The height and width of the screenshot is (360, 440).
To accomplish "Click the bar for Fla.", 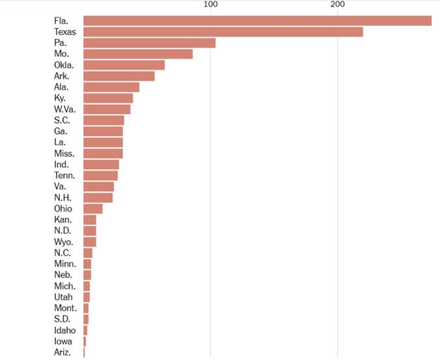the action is point(257,21).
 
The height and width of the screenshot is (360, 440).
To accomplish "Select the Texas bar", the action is point(223,32).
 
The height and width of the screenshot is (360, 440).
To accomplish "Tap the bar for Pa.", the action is point(149,43).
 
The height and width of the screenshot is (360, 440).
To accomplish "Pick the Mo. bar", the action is point(138,54).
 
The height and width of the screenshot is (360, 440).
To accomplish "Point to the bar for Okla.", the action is point(124,65).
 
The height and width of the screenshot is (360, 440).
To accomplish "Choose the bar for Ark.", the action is point(119,76).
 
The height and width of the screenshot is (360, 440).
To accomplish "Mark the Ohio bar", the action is point(93,209).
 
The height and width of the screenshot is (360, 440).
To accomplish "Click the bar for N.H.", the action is point(98,198).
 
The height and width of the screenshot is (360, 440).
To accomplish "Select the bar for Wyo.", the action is point(90,242).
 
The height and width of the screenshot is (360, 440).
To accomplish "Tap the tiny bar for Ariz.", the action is point(84,352).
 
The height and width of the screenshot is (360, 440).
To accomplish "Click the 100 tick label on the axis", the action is point(211,4).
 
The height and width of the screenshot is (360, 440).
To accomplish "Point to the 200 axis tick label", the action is point(338,4).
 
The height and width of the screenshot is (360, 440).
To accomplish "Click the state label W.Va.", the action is point(65,109).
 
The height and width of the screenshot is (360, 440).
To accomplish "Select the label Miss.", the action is point(64,154).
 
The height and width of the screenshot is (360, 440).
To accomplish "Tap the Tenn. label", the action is point(65,176).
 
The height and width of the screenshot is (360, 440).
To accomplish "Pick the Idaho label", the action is point(65,330).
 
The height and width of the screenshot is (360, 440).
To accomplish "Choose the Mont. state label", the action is point(65,308).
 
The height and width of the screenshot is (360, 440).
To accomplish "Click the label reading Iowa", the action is point(63,342).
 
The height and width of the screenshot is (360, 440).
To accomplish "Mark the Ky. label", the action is point(60,98).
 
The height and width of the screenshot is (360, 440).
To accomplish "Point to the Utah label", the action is point(63,297).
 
